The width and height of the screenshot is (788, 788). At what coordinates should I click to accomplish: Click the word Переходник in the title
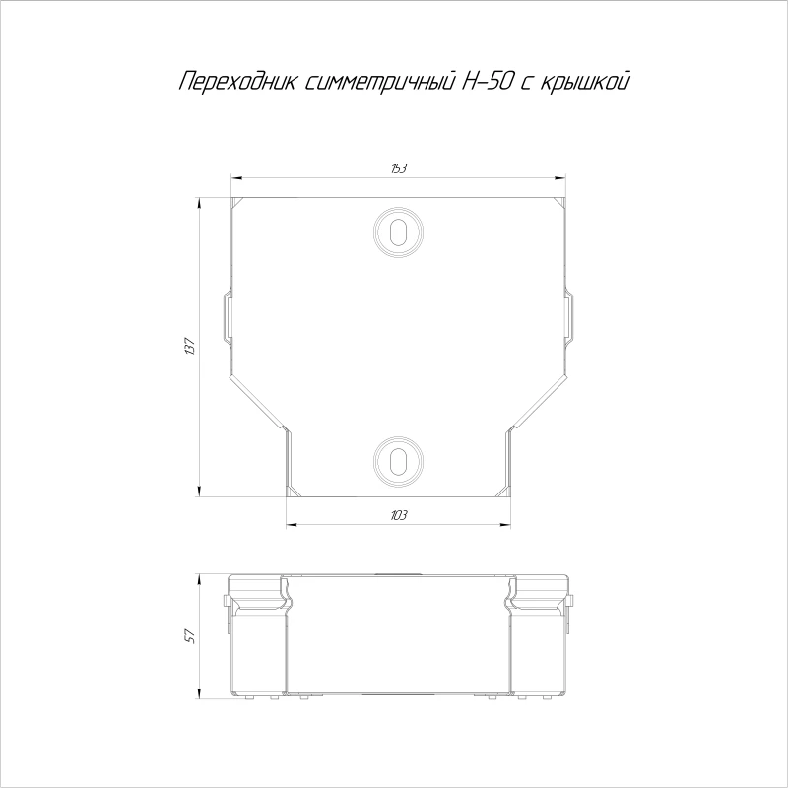click(237, 82)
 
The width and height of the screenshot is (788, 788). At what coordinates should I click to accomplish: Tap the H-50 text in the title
click(487, 82)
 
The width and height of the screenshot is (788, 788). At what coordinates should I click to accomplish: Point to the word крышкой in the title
click(584, 83)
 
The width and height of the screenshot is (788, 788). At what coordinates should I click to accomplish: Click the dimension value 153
click(399, 168)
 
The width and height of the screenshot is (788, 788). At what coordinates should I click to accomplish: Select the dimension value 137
click(189, 347)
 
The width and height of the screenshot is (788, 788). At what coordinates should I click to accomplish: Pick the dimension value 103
click(399, 515)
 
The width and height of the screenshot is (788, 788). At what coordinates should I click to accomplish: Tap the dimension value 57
click(189, 636)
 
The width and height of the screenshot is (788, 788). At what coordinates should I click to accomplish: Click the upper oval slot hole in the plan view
click(398, 232)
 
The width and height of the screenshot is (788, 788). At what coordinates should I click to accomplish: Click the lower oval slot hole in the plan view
click(398, 460)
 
